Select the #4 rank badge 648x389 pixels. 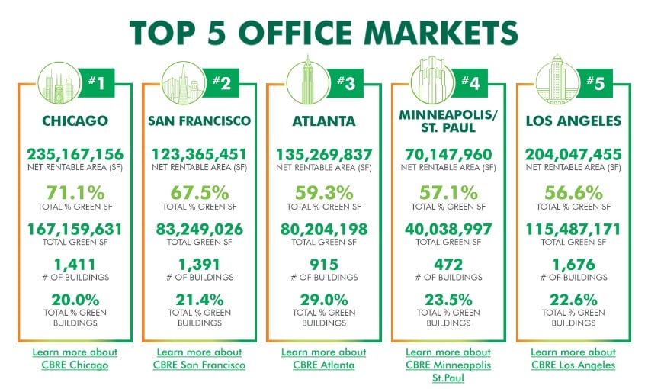pos(470,82)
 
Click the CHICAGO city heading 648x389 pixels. pos(75,121)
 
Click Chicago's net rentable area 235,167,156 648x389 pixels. pos(75,153)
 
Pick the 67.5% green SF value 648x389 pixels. pos(200,191)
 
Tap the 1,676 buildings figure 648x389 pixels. pos(574,265)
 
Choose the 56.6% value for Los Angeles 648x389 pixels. pos(574,191)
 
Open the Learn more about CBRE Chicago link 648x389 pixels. pos(75,358)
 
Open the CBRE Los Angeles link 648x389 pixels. pos(573,358)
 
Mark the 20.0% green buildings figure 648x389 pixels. pos(75,301)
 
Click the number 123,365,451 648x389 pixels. pos(200,153)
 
